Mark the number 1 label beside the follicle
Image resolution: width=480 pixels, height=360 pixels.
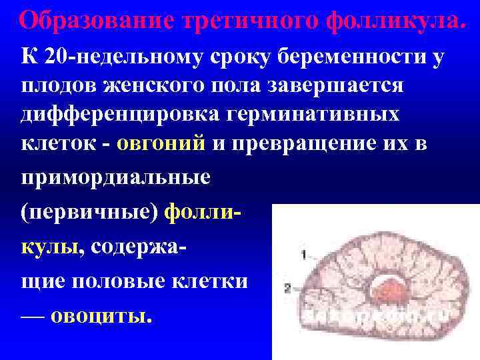(x=303, y=254)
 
